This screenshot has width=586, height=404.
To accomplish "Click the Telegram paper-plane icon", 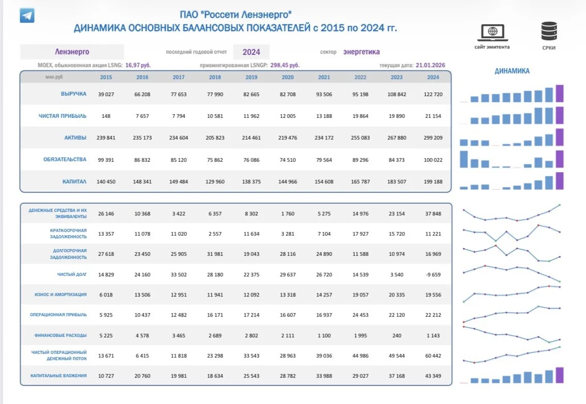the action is (27, 15).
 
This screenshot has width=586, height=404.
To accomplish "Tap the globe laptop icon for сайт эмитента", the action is (492, 33).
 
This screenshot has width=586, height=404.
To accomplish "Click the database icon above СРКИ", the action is (549, 31).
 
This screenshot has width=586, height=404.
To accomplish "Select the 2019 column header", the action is (251, 77).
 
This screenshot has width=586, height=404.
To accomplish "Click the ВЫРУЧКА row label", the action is (74, 94).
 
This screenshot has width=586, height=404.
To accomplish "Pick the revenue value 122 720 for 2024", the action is (433, 94).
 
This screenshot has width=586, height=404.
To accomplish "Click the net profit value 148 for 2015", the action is (106, 116).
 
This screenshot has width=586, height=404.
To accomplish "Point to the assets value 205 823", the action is (215, 137).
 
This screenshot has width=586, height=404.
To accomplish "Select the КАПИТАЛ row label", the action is (74, 181).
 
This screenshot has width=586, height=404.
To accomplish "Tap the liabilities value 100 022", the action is (433, 160).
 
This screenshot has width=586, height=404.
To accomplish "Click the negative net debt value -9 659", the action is (433, 274).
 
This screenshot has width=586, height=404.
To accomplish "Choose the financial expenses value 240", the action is (397, 335).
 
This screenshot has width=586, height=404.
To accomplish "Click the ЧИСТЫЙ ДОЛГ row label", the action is (72, 274).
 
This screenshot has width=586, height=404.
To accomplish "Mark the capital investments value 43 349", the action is (433, 376).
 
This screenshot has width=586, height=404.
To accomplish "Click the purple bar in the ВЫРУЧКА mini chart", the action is (560, 94).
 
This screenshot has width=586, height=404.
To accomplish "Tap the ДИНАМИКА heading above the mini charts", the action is (512, 71).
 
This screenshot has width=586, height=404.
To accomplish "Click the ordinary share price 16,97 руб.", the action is (138, 65).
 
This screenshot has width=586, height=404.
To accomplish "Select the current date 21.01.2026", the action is (430, 65).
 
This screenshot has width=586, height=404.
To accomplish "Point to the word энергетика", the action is (361, 52).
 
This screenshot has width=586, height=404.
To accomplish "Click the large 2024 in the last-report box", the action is (251, 52).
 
